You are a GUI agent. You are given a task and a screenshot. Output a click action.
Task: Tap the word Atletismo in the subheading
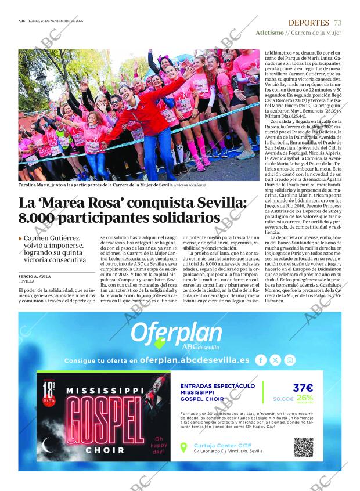pyautogui.click(x=269, y=33)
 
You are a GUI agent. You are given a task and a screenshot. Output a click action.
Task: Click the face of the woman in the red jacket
pyautogui.click(x=127, y=92)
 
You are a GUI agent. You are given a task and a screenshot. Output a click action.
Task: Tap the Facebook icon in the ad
pyautogui.click(x=261, y=360)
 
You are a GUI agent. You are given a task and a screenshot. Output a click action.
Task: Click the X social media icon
pyautogui.click(x=275, y=360)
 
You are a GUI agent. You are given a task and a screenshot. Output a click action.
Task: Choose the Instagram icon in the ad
pyautogui.click(x=290, y=360)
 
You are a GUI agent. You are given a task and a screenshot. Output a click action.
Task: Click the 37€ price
pyautogui.click(x=303, y=388)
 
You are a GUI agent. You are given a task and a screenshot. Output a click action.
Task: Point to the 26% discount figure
pyautogui.click(x=304, y=398)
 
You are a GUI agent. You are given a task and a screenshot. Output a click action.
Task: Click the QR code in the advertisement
pyautogui.click(x=303, y=447)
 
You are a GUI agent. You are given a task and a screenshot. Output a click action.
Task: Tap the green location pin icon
pyautogui.click(x=183, y=447)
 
